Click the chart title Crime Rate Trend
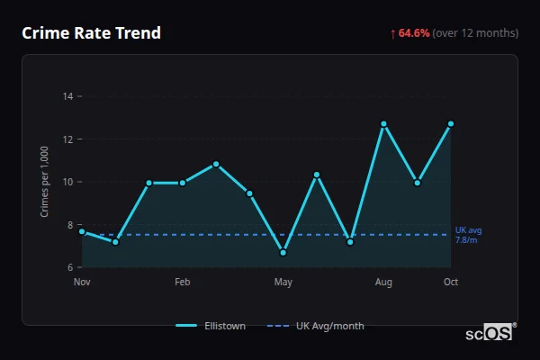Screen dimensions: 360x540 pos(91,33)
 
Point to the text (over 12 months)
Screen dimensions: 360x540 pos(475,33)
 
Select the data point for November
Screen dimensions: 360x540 pos(82,231)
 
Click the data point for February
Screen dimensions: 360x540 pos(183,183)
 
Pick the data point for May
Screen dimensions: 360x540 pos(283,253)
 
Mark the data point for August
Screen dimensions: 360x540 pos(383,123)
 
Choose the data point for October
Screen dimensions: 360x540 pos(451,123)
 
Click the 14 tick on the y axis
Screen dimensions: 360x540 pos(67,95)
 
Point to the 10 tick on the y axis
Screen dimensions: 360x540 pos(67,182)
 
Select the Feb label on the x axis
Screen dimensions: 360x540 pos(183,283)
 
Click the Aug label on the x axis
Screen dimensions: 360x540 pos(383,283)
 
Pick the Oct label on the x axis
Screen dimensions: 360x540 pos(451,283)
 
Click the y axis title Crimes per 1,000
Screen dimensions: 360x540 pos(45,181)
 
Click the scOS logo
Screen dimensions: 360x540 pos(490,333)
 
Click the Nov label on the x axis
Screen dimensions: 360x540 pos(82,283)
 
